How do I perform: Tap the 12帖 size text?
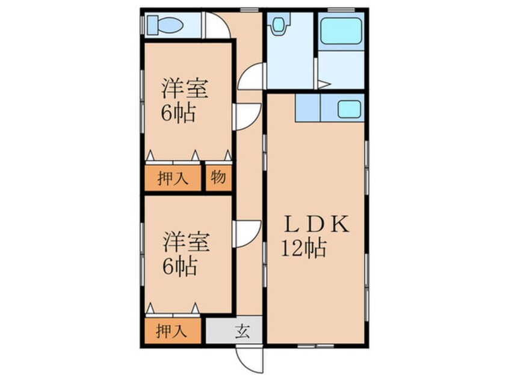(x=304, y=248)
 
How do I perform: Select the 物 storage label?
(x=218, y=178)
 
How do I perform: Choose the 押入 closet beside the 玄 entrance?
(x=171, y=330)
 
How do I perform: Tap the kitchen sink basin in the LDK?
(x=349, y=109)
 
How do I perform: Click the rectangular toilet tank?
(x=151, y=25)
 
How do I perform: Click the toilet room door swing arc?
(x=217, y=27)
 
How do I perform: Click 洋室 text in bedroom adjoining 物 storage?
(x=185, y=89)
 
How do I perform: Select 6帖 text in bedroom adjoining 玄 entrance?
(x=178, y=266)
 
